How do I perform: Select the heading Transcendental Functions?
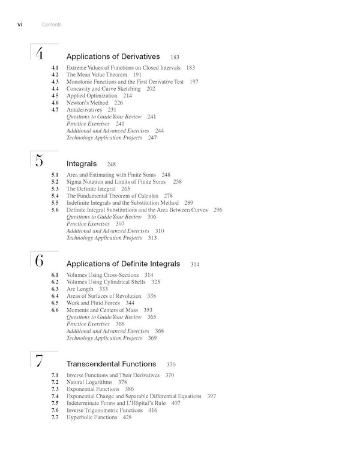(x=111, y=364)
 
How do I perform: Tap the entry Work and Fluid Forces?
(x=93, y=303)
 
